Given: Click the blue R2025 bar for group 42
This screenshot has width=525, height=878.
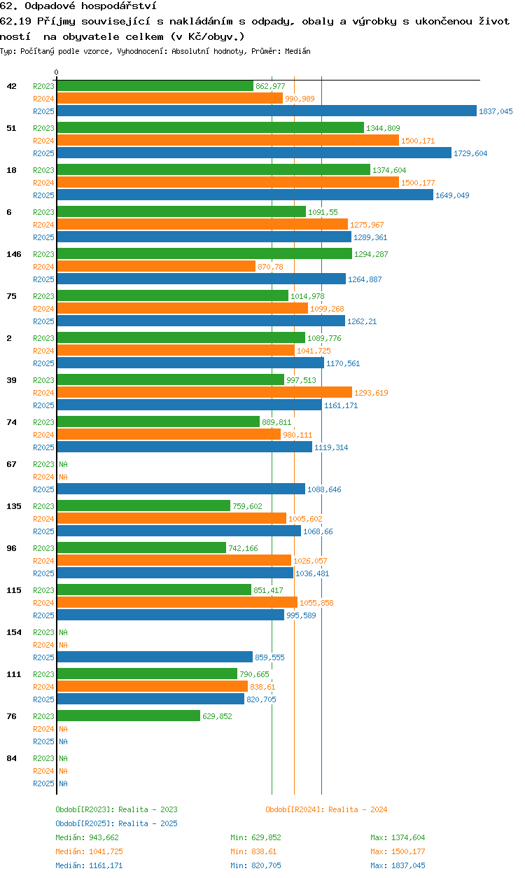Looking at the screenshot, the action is [267, 111].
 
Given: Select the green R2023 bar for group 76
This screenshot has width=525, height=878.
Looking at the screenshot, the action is [129, 716].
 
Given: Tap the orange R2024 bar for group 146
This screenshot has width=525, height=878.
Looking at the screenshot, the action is [156, 267].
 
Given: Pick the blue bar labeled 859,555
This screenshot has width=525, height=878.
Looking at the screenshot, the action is [155, 657].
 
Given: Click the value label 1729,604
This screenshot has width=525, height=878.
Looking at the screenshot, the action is [470, 153].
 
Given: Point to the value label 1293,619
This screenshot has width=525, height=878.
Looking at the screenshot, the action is [371, 393].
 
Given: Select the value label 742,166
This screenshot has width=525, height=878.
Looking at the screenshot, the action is [243, 548].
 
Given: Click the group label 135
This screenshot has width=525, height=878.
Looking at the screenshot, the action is [14, 506].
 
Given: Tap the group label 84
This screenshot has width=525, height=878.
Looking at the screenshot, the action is [11, 758].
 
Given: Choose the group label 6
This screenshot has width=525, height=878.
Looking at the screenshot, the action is [9, 212].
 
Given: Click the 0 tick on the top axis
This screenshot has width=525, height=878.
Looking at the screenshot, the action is [57, 72].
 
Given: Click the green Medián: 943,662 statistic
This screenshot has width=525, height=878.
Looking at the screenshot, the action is [87, 837].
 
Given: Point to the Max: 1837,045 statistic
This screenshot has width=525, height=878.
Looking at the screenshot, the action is [398, 865].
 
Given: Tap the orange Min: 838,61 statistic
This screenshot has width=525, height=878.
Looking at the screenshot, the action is [253, 851].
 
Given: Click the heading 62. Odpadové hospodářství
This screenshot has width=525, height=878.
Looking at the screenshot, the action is [78, 6].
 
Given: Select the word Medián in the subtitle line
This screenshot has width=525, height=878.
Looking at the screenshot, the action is [297, 51].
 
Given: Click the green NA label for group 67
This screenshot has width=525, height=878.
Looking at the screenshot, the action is [63, 464].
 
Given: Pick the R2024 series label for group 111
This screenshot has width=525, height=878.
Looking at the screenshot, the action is [43, 687].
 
